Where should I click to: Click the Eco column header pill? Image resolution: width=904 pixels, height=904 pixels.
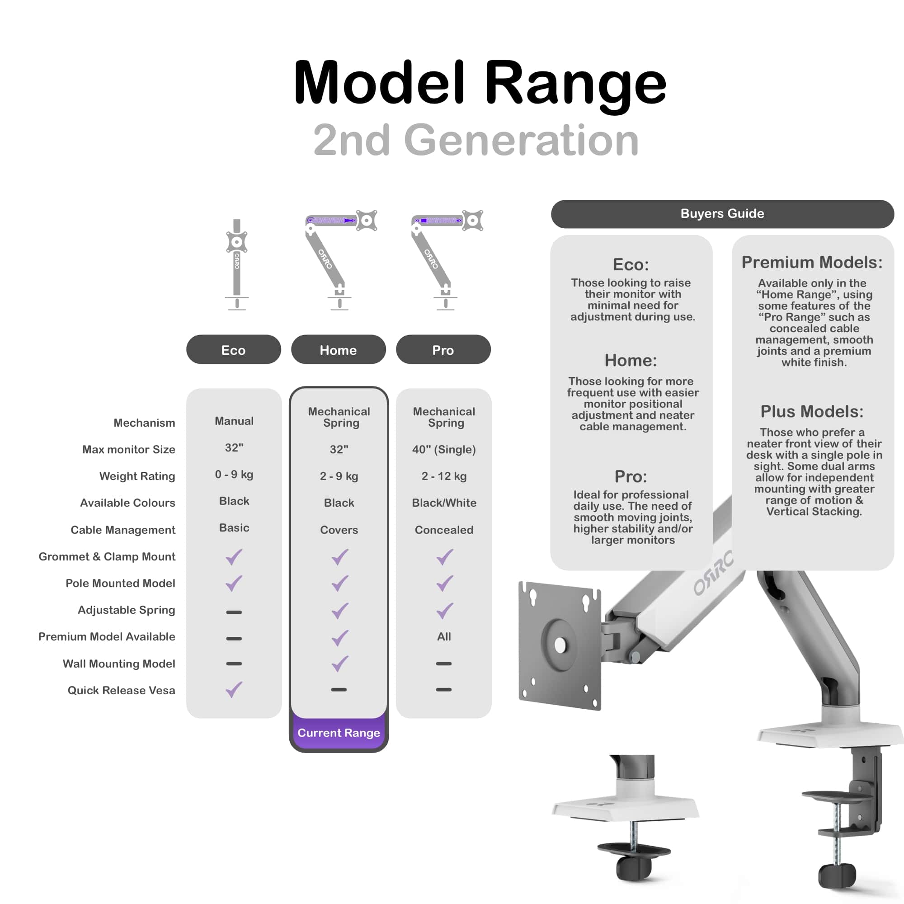pos(234,349)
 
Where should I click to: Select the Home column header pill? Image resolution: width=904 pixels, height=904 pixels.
pos(338,349)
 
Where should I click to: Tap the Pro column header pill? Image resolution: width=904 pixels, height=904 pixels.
pos(443,349)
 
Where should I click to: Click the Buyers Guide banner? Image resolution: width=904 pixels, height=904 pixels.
pos(722,214)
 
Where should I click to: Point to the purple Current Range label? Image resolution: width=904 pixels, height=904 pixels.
pos(338,733)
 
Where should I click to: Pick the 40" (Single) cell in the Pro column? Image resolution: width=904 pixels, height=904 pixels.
pos(443,449)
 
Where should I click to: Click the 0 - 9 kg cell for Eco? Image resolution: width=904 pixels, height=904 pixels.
pos(234,475)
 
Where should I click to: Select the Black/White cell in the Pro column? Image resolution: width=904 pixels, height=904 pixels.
pos(443,503)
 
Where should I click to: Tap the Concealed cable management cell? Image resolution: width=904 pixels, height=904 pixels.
pos(443,530)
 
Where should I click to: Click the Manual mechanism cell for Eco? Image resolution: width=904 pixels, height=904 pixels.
pos(234,421)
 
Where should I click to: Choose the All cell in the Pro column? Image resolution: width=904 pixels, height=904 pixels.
pos(443,636)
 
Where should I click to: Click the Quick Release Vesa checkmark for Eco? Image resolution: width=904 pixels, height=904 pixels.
pos(234,689)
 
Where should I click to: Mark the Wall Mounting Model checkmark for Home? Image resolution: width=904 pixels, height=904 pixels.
pos(340,663)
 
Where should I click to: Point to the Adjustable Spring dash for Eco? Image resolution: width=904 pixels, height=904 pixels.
pos(234,612)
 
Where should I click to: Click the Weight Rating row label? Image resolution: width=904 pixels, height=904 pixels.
pos(137,476)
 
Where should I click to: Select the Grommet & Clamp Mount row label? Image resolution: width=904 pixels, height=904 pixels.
pos(107,556)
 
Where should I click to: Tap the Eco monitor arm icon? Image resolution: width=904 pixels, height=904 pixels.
pos(237,264)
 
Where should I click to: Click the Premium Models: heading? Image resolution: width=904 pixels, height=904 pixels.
pos(812,263)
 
